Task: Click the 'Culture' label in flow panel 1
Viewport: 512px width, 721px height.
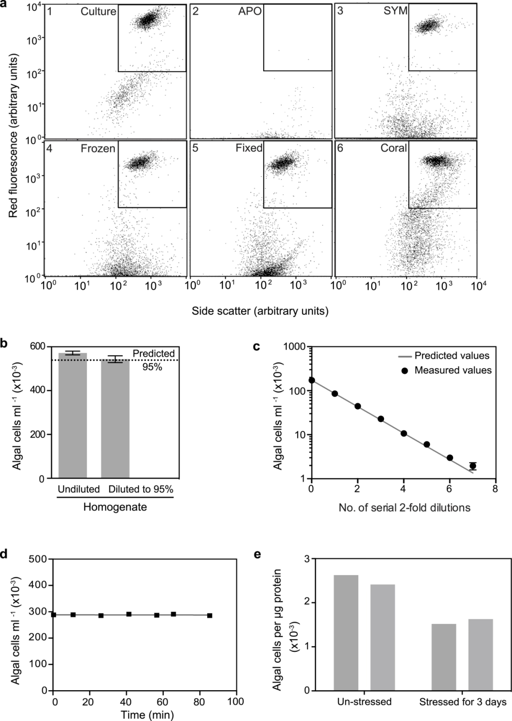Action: coord(98,11)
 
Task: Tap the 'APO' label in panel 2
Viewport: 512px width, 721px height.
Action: coord(250,11)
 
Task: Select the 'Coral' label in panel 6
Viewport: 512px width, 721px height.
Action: coord(393,148)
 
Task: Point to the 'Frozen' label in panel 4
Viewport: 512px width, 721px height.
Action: coord(98,148)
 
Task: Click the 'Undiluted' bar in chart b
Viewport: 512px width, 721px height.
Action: coord(73,415)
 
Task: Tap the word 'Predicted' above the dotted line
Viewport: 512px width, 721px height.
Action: coord(154,354)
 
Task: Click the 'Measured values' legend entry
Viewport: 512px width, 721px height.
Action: coord(453,370)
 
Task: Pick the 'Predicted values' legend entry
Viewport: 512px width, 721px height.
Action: coord(452,356)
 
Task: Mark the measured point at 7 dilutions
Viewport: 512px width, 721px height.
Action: coord(473,466)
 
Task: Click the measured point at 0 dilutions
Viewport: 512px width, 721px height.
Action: coord(311,380)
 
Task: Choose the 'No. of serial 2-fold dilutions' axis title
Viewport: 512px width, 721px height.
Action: coord(404,508)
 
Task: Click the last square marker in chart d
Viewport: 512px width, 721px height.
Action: coord(210,615)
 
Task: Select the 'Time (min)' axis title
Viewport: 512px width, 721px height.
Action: coord(146,714)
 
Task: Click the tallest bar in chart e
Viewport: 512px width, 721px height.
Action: coord(346,632)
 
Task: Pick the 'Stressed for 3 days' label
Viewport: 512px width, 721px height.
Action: coord(463,702)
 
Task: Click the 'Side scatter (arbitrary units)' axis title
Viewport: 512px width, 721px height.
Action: coord(260,311)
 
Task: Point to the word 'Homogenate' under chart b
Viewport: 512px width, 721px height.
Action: coord(115,507)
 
